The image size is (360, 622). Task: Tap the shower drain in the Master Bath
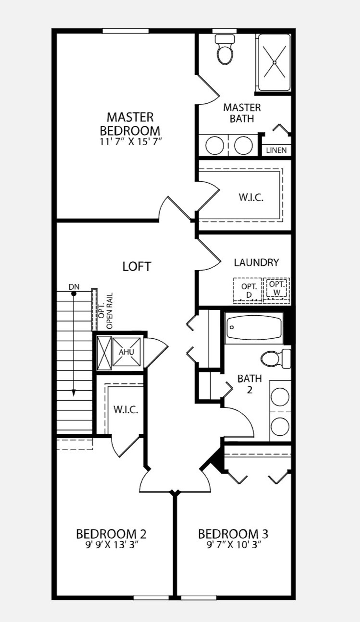click(x=275, y=62)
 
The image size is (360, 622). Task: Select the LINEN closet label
click(x=276, y=150)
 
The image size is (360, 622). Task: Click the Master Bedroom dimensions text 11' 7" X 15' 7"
click(x=131, y=142)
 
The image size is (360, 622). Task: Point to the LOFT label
click(x=137, y=266)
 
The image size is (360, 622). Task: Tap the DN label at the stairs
click(x=74, y=287)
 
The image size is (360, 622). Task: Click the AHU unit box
click(x=126, y=352)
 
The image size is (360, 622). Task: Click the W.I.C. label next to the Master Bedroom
click(x=251, y=197)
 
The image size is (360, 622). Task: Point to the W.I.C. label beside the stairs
click(x=126, y=410)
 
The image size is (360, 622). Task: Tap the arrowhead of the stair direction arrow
click(x=74, y=393)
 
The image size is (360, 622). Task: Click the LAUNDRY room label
click(x=256, y=263)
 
